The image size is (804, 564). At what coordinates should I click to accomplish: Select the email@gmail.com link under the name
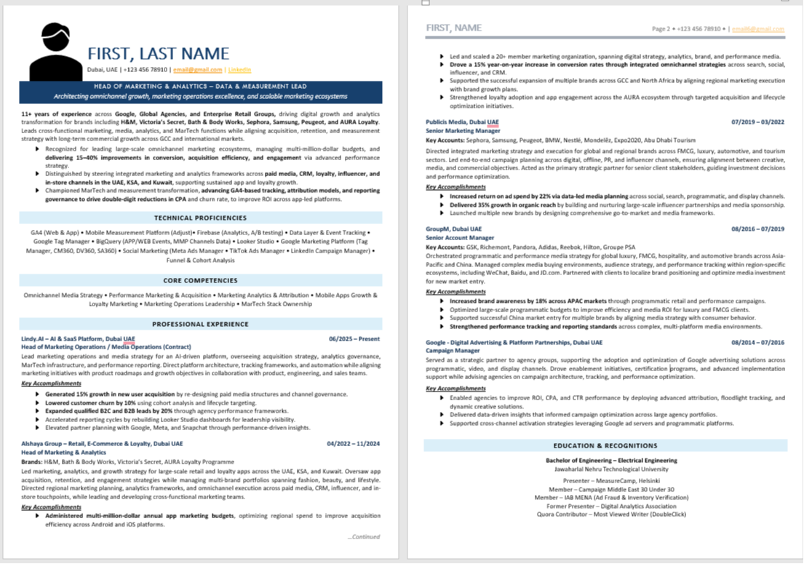click(197, 70)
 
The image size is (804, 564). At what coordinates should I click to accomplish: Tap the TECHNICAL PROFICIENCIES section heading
click(200, 218)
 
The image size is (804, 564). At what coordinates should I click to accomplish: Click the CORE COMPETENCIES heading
click(200, 280)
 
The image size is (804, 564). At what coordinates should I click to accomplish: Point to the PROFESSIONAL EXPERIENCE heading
click(200, 324)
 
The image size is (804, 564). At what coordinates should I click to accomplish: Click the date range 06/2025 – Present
click(354, 339)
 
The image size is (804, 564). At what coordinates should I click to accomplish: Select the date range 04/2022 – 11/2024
click(353, 443)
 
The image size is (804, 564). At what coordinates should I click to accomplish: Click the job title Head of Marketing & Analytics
click(64, 453)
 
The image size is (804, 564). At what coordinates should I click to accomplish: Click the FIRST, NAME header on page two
click(453, 28)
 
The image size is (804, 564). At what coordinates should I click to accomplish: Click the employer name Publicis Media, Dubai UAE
click(462, 122)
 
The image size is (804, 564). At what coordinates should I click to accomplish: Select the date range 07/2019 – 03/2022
click(758, 122)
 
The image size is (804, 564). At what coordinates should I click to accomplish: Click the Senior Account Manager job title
click(460, 238)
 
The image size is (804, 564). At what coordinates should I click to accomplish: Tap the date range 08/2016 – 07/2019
click(758, 229)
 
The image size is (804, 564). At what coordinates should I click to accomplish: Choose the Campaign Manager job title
click(453, 351)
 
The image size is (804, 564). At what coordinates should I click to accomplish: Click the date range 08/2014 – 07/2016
click(758, 342)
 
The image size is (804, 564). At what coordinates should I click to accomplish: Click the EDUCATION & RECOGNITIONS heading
click(605, 445)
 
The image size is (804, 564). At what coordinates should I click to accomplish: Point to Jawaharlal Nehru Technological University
click(605, 469)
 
